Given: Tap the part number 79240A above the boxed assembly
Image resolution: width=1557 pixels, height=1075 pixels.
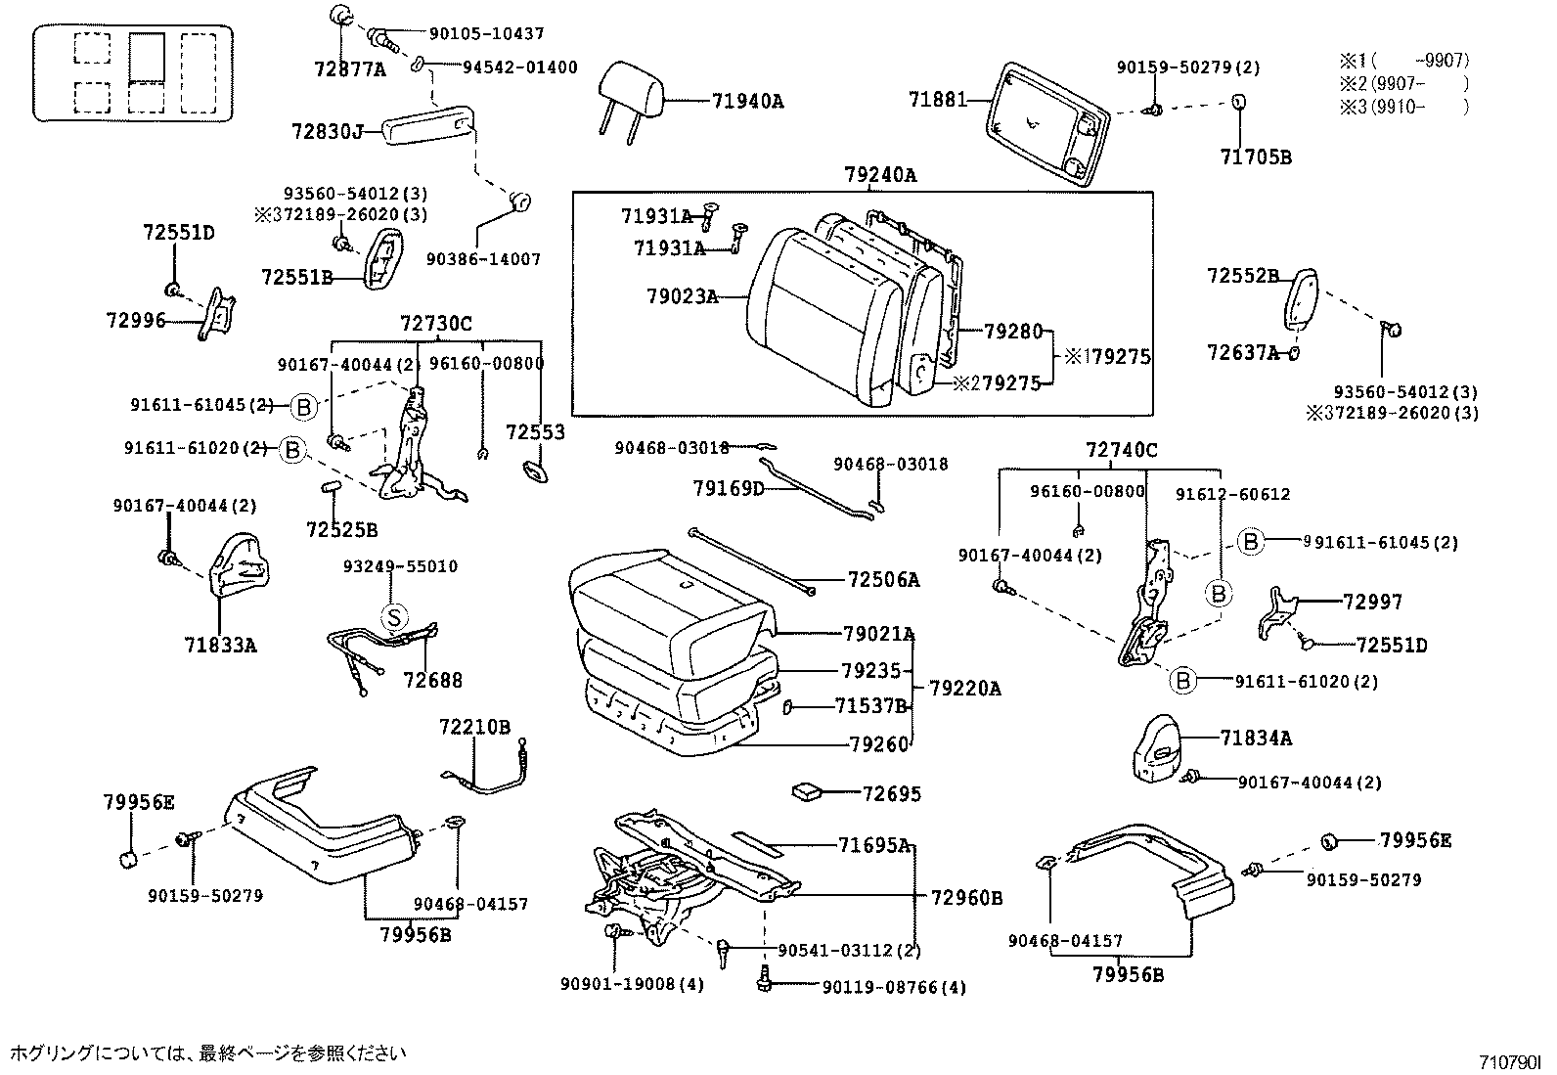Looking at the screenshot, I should click(x=880, y=175).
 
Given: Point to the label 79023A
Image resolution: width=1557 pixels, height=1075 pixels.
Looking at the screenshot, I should click(x=682, y=295).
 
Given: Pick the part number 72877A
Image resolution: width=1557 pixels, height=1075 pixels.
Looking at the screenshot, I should click(x=350, y=69).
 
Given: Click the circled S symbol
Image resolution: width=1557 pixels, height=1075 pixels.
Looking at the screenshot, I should click(x=392, y=616).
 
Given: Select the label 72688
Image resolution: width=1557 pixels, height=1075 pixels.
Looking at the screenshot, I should click(x=432, y=680).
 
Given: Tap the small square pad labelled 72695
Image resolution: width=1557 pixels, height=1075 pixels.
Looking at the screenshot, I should click(x=809, y=790).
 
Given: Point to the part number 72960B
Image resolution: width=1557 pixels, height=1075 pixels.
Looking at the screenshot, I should click(x=966, y=897).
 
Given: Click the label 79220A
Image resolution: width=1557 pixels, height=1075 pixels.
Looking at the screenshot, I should click(x=964, y=689).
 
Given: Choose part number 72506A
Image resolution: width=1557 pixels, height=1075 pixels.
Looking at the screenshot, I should click(x=884, y=580).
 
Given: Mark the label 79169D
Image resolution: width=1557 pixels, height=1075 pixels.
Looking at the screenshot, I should click(x=729, y=487).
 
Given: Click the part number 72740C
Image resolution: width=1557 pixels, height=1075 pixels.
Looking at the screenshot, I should click(x=1121, y=450).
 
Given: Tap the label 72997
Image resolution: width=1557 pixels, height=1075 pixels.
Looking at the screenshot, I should click(x=1372, y=602).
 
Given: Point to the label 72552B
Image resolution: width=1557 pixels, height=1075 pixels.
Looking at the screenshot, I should click(x=1242, y=277).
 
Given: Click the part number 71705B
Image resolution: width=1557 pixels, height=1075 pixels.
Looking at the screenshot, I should click(x=1256, y=157).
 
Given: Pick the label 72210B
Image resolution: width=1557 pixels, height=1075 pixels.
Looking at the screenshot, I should click(x=474, y=727).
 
